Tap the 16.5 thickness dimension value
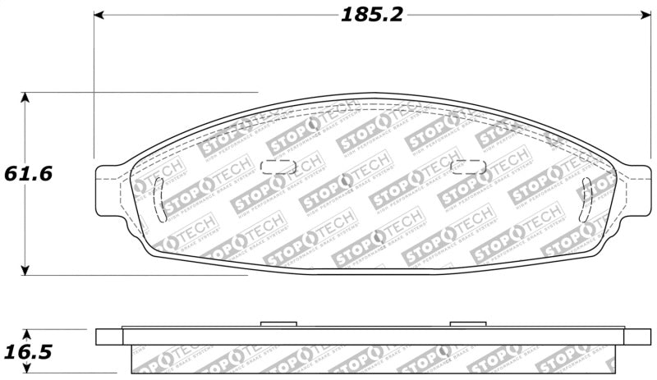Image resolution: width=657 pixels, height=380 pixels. tap(28, 352)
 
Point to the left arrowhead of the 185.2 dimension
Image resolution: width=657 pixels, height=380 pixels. tap(99, 15)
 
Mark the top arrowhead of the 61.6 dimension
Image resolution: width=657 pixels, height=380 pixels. tap(26, 98)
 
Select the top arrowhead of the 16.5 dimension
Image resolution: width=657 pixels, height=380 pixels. tap(26, 335)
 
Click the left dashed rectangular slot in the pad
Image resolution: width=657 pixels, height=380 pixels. tap(278, 167)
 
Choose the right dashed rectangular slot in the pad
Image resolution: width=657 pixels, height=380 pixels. tap(470, 167)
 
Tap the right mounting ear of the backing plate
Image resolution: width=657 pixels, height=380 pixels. tap(635, 185)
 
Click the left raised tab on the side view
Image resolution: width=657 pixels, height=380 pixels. tap(278, 324)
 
